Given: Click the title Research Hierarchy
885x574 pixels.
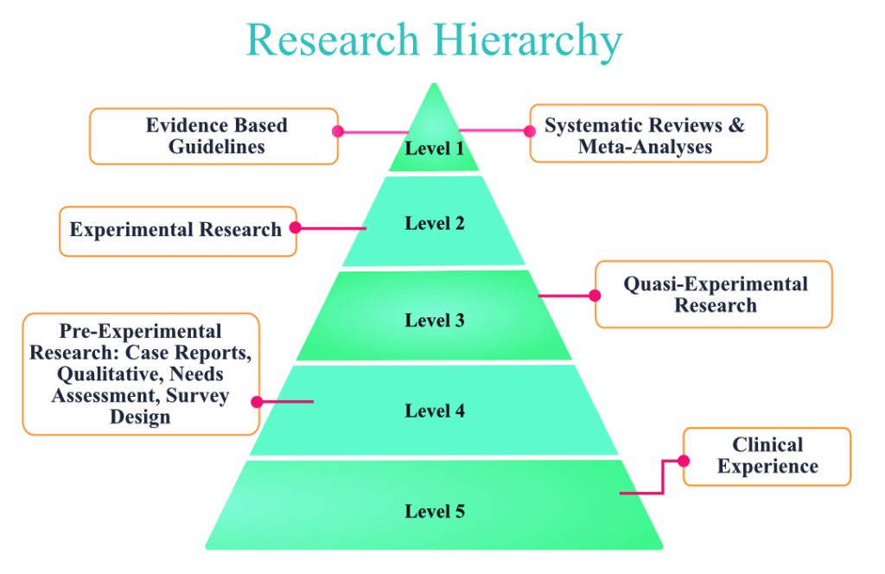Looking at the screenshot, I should [434, 40].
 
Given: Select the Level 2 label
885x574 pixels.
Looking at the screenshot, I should [435, 224].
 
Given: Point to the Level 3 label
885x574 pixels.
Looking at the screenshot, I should [435, 321].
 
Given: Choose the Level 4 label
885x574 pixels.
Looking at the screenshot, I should [435, 411].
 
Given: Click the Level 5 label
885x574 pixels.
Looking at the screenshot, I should [435, 512].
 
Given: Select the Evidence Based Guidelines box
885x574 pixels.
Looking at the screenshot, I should [214, 136].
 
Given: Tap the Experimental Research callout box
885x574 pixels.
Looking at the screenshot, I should [177, 231].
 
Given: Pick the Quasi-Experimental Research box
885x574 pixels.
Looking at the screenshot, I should [714, 295].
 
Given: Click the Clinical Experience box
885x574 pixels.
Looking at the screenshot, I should [767, 456].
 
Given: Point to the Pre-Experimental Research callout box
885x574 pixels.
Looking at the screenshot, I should [140, 373].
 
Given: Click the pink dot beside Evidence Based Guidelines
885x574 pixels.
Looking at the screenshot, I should [338, 132].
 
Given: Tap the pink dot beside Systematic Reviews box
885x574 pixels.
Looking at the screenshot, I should [531, 132].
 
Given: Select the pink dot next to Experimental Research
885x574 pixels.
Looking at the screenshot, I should [296, 228].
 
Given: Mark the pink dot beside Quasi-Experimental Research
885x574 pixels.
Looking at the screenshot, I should [595, 295].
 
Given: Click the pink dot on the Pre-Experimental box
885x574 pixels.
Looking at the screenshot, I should [258, 401].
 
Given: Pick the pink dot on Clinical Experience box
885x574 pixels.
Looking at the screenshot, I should [684, 460].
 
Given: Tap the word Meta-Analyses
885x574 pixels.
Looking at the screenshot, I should [645, 147].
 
